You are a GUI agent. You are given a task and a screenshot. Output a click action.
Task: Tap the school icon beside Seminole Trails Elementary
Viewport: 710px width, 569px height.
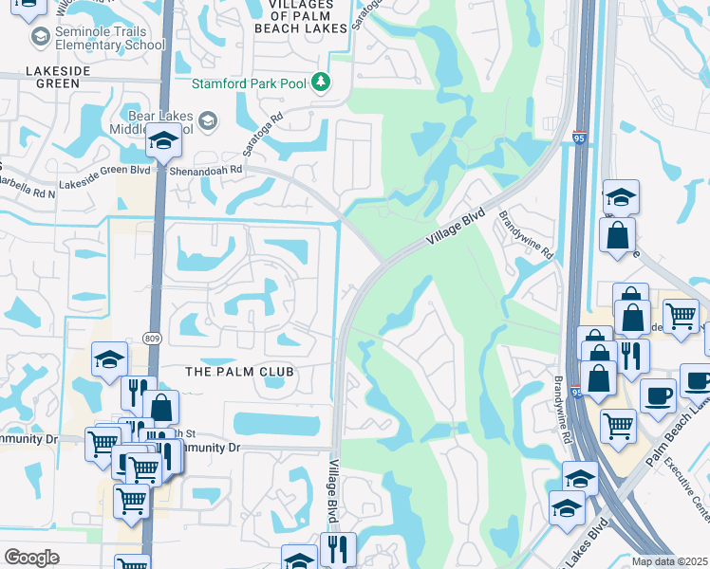tap(40, 37)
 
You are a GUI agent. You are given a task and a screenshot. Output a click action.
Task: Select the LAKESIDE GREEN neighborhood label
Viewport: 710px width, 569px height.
tap(45, 77)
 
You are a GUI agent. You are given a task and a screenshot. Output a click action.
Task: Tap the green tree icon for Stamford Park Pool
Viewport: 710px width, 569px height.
tap(322, 83)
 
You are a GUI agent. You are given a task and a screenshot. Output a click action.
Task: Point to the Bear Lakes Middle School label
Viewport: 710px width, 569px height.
tap(152, 121)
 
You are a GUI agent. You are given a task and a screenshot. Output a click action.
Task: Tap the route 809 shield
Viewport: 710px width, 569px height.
tap(152, 338)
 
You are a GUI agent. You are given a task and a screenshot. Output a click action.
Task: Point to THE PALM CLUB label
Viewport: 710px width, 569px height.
tap(240, 372)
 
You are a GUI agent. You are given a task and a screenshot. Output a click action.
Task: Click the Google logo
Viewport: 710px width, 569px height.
tap(31, 558)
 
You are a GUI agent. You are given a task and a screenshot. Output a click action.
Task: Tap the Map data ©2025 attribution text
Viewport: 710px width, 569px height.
tap(669, 561)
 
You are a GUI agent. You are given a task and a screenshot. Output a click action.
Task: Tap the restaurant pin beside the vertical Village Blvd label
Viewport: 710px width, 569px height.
tap(338, 547)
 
